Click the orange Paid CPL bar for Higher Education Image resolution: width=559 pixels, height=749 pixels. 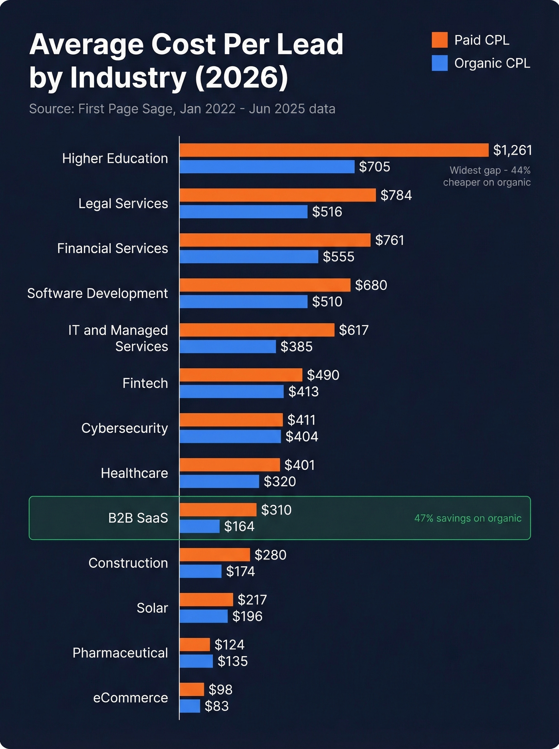tap(334, 150)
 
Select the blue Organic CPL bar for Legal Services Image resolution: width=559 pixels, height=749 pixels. tap(244, 212)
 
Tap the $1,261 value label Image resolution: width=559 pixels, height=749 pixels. tap(512, 150)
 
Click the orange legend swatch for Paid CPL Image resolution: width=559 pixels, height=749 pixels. tap(440, 40)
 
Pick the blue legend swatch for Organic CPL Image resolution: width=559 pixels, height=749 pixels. tap(440, 63)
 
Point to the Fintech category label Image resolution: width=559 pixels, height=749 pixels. tap(145, 383)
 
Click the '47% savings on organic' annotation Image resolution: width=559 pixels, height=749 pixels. tap(468, 518)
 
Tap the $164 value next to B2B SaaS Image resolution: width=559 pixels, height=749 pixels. tap(239, 526)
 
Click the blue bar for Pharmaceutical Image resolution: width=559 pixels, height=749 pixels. tap(196, 661)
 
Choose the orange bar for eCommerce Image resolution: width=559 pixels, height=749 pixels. tap(192, 689)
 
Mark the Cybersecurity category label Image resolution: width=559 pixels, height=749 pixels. tap(125, 428)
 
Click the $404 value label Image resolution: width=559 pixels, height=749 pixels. tap(302, 437)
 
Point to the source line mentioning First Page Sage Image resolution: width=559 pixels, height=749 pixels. tap(182, 109)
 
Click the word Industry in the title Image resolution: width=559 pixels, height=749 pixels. tap(128, 77)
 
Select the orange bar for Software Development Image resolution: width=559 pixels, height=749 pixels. tap(265, 285)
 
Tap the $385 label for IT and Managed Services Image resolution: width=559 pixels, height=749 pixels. tap(296, 347)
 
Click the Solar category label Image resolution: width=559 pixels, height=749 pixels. tap(152, 608)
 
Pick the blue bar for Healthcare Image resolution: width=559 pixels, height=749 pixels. tap(219, 481)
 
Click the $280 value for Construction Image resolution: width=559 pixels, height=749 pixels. tap(270, 555)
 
